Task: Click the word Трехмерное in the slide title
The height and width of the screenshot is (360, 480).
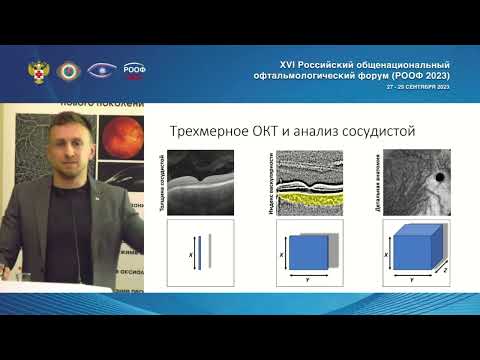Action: tap(201, 130)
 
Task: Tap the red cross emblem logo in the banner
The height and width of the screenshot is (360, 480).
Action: tap(37, 73)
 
